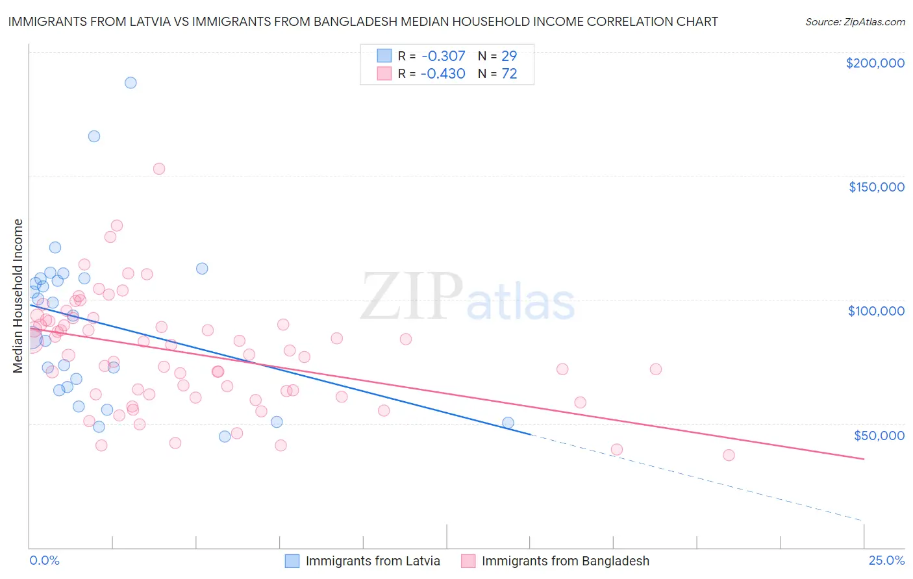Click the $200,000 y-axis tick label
point(875,63)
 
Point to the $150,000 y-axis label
point(876,187)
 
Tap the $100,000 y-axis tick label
point(876,311)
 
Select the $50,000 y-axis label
point(879,435)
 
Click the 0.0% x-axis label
point(44,560)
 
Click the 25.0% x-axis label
point(886,560)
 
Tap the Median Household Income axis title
point(18,296)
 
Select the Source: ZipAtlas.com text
point(855,21)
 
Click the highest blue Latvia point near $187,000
point(131,82)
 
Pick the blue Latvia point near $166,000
point(94,136)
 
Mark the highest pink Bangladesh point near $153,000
point(159,169)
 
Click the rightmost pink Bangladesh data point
point(729,455)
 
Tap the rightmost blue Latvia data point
point(508,423)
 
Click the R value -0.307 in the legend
point(443,56)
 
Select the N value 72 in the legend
point(509,74)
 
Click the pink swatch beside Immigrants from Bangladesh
point(468,561)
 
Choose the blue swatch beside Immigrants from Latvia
point(292,561)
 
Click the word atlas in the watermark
point(521,302)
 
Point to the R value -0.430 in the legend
point(443,74)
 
